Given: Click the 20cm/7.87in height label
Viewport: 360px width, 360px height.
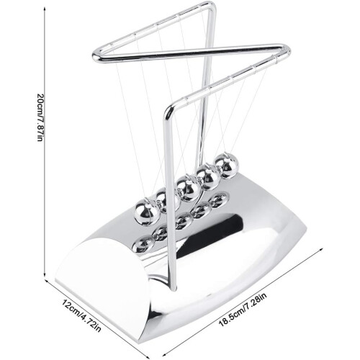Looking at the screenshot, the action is [40, 117].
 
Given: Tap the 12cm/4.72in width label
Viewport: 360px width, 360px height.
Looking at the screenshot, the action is [81, 315].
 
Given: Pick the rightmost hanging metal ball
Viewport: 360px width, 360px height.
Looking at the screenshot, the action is [227, 166].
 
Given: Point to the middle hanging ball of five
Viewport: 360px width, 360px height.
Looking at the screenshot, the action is [189, 189].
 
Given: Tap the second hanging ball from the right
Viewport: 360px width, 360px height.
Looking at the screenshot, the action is [208, 177].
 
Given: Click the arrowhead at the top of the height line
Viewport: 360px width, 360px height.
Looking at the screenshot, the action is [45, 9].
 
